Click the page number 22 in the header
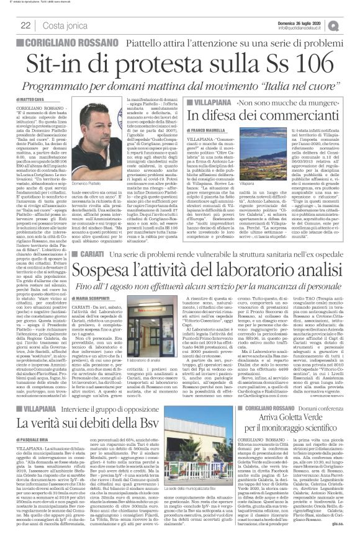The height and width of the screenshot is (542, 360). coord(25,25)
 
